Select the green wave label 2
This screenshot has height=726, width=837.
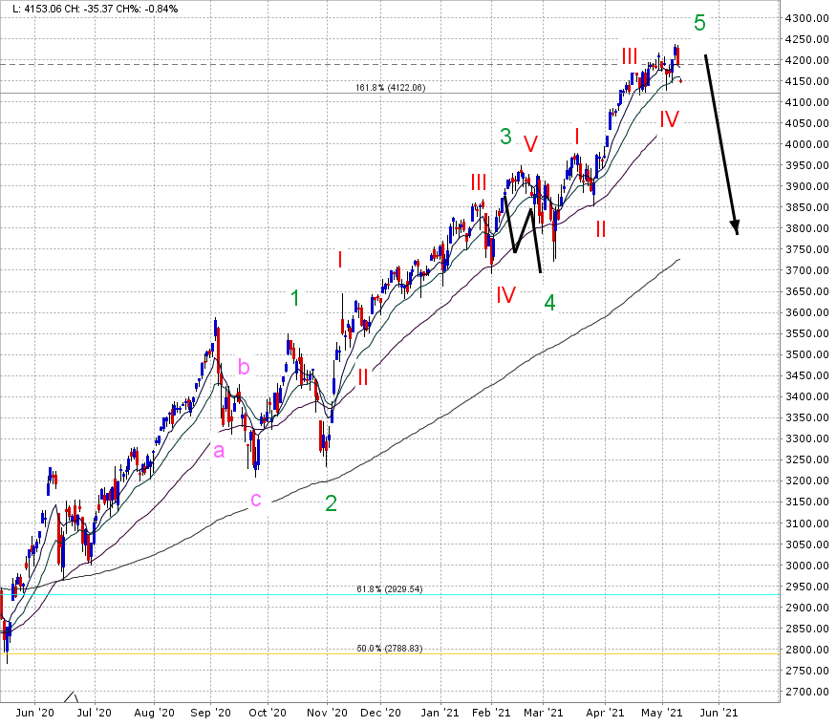(331, 503)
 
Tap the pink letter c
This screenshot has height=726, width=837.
(256, 500)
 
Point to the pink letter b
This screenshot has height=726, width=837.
(244, 367)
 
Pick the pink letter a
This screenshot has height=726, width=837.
(218, 451)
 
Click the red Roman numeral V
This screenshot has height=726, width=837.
(530, 143)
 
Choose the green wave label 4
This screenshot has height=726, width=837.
(549, 303)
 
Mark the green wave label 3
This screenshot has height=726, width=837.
(505, 137)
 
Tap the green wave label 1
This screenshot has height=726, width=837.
(295, 298)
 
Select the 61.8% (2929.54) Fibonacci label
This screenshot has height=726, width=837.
(389, 588)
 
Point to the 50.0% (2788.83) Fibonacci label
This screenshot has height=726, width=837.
(389, 648)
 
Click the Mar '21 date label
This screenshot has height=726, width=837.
(551, 713)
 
